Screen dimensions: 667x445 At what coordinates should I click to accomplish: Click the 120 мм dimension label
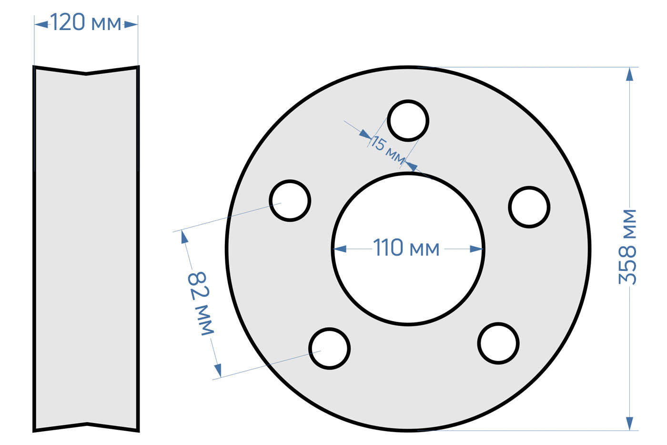click(x=86, y=22)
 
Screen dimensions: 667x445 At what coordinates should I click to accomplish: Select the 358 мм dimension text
click(x=627, y=247)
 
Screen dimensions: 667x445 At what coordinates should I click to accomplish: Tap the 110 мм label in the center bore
click(x=406, y=248)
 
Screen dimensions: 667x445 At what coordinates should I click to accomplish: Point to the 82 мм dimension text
click(x=201, y=304)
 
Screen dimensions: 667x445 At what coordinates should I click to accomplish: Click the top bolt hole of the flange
click(x=408, y=121)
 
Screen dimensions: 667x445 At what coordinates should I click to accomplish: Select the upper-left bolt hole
click(x=290, y=201)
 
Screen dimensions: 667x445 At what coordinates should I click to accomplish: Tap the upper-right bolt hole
click(x=529, y=207)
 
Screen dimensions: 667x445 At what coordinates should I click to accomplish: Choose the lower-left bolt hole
click(x=329, y=349)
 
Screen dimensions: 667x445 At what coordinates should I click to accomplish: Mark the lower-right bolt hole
click(x=498, y=343)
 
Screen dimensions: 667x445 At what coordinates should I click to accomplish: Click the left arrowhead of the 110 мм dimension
click(x=340, y=249)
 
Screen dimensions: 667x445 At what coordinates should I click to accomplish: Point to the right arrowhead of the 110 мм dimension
click(x=476, y=249)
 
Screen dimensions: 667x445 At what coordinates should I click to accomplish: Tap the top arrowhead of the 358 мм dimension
click(x=629, y=74)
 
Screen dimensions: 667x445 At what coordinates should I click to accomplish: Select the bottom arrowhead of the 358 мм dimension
click(x=629, y=424)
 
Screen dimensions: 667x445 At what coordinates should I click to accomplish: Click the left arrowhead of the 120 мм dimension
click(x=41, y=24)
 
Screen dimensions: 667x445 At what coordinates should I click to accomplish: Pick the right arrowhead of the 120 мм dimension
click(x=131, y=24)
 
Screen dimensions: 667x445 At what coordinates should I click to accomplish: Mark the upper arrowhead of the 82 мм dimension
click(x=184, y=237)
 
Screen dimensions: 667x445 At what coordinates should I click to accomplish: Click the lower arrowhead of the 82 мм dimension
click(x=218, y=371)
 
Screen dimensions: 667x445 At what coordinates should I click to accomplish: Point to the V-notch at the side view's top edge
click(x=86, y=73)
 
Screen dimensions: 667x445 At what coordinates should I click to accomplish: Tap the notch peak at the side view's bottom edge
click(x=87, y=424)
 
